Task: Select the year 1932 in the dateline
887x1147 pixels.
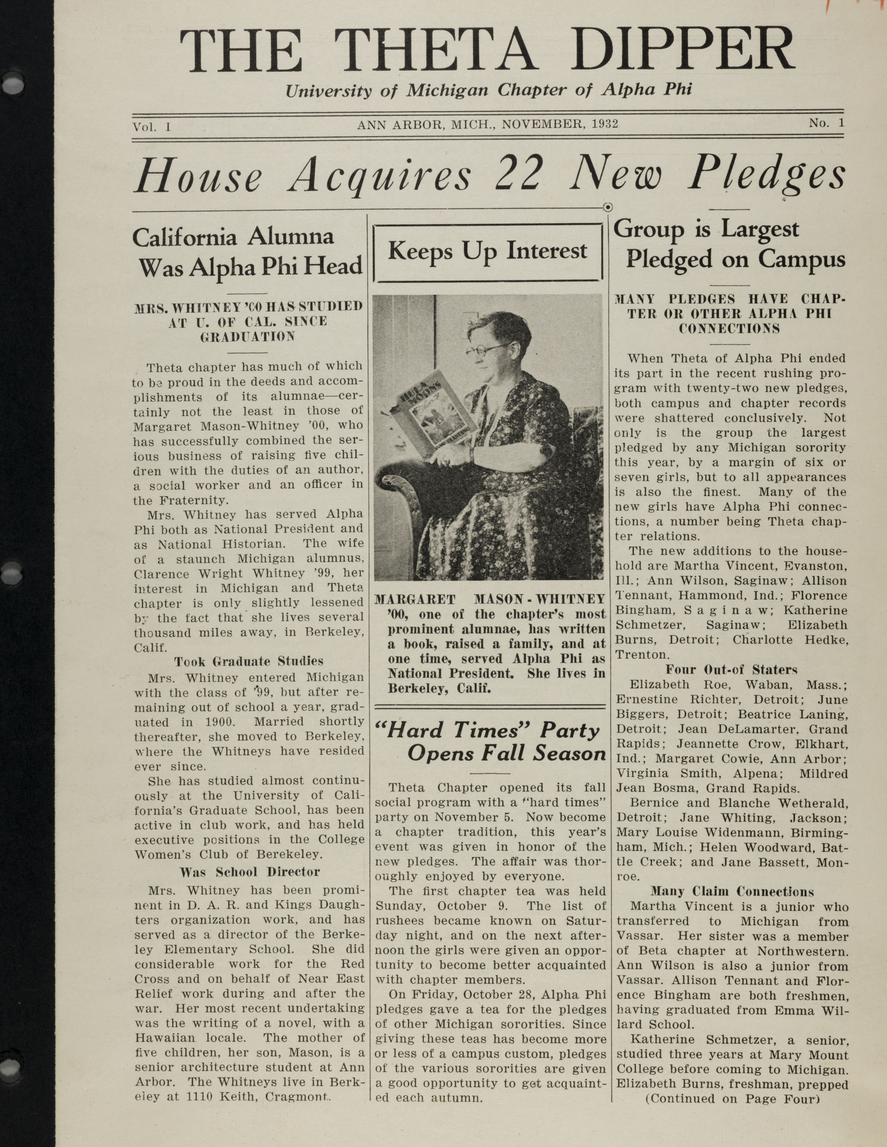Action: point(605,124)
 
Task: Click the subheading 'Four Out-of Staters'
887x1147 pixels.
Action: point(731,670)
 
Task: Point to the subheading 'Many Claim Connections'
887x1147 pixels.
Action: point(732,892)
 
